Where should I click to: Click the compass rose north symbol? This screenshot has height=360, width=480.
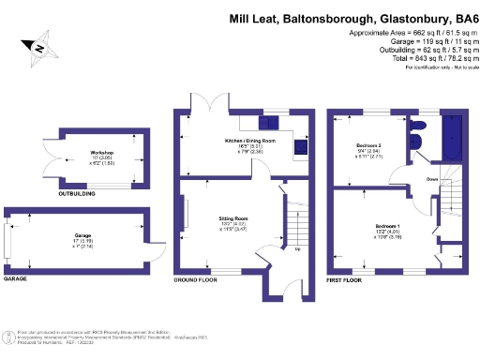click(x=40, y=46)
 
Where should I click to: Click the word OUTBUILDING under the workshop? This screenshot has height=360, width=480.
click(x=78, y=194)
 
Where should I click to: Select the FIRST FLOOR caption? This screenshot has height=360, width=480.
click(x=346, y=279)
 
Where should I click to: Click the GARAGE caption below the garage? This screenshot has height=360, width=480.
click(x=16, y=279)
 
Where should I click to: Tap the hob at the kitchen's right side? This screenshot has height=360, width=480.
click(x=301, y=146)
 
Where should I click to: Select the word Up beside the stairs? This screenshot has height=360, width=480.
click(x=298, y=249)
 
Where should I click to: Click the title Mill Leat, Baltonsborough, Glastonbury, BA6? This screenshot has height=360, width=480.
click(x=352, y=18)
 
